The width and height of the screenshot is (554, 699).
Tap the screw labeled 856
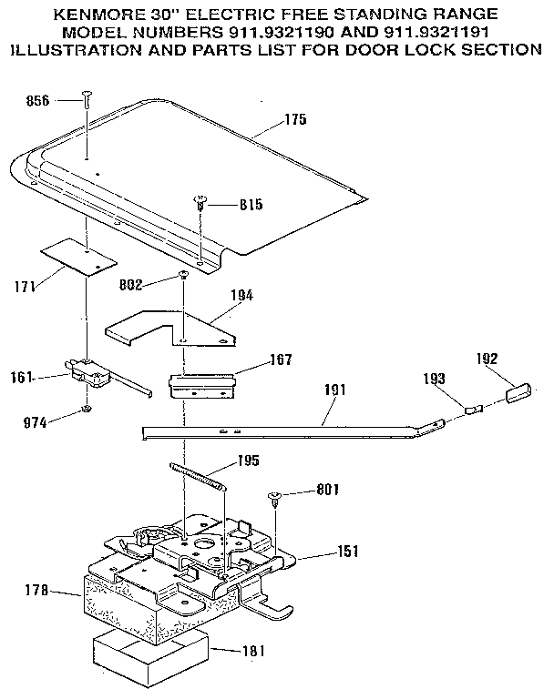[x=87, y=100]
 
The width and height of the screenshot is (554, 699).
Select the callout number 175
[x=293, y=120]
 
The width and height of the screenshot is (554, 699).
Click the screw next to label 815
[x=200, y=206]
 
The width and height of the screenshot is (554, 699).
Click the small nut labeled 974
[x=85, y=410]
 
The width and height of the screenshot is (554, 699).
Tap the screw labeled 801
[x=273, y=497]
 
